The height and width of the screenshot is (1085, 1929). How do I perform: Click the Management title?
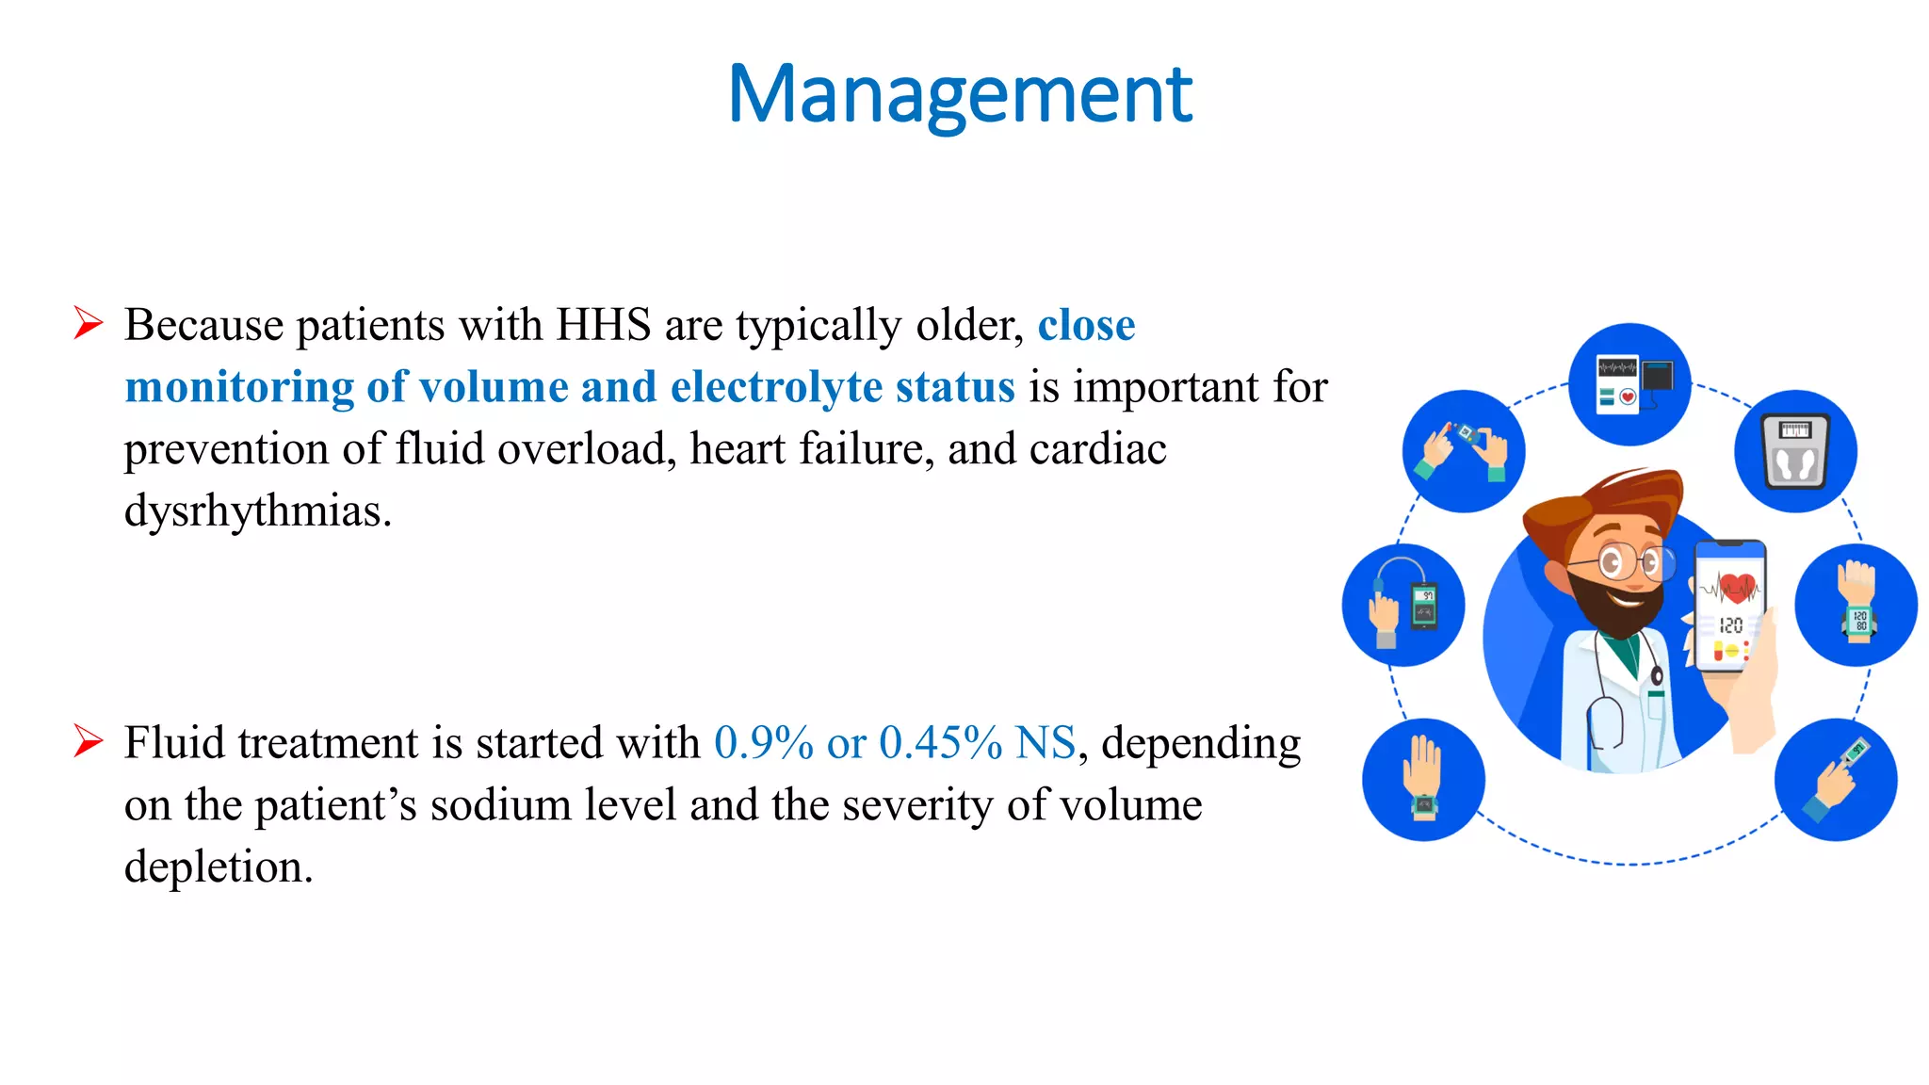(x=960, y=94)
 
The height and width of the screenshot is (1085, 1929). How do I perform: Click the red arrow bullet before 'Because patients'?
(x=89, y=323)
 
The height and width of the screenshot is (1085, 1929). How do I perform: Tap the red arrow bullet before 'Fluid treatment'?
(x=89, y=741)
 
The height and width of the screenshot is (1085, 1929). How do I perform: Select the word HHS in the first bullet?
(x=604, y=325)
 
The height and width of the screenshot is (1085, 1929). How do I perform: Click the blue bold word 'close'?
(x=1086, y=325)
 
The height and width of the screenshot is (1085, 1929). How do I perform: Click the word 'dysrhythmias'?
(x=256, y=511)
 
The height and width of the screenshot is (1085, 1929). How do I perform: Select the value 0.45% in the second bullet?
(x=939, y=743)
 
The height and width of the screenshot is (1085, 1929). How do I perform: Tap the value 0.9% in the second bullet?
(x=763, y=743)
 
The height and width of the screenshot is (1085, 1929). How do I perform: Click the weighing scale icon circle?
(x=1795, y=451)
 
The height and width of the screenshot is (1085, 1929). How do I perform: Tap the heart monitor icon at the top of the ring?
(x=1629, y=384)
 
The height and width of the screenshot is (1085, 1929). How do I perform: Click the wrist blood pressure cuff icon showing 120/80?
(x=1856, y=605)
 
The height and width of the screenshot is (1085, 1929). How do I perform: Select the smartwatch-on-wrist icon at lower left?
(x=1423, y=780)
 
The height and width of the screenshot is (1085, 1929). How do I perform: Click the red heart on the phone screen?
(x=1737, y=587)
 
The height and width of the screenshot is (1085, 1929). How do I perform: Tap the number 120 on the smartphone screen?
(x=1731, y=625)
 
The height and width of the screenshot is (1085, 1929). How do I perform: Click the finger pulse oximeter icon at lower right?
(x=1836, y=780)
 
